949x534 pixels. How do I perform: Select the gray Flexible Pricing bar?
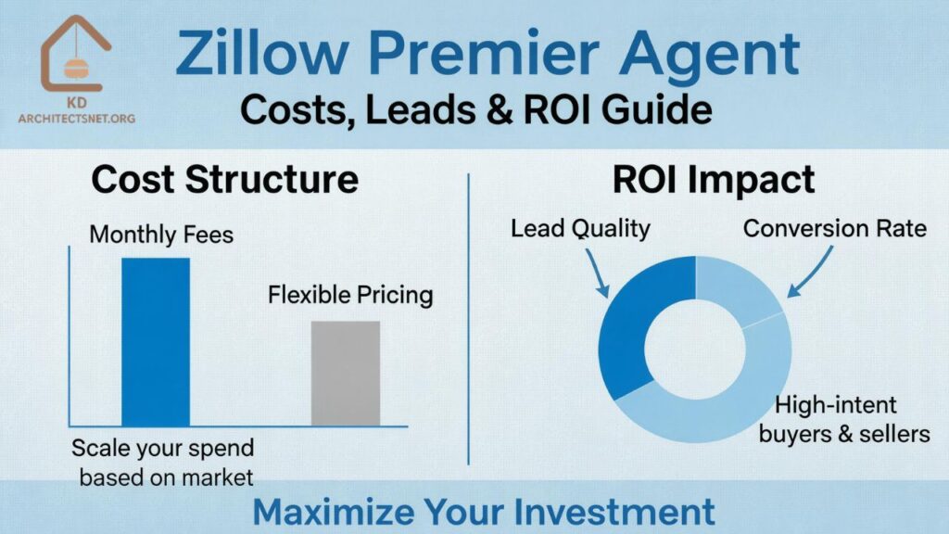(345, 373)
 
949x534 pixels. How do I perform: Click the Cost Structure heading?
(225, 178)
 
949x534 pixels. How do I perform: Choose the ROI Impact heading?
(714, 178)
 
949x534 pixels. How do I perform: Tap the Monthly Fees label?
(161, 235)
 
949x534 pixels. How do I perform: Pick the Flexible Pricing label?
(350, 296)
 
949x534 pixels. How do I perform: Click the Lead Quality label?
(580, 227)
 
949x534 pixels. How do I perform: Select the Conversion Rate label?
(834, 227)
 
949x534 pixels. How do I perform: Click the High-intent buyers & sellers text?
(844, 418)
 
